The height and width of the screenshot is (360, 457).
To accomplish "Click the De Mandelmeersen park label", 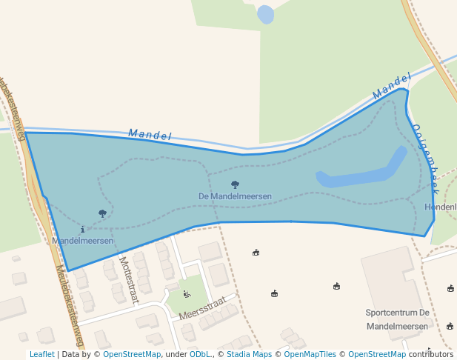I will tap(235, 196).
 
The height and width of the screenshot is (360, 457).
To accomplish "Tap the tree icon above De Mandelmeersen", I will tap(235, 184).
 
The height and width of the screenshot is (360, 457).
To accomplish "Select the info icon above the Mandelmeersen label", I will tap(82, 230).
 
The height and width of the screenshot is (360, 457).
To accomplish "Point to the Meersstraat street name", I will tap(201, 310).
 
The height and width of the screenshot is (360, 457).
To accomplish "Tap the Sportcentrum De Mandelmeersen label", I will tap(397, 319).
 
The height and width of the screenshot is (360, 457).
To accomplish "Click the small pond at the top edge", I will tap(265, 14).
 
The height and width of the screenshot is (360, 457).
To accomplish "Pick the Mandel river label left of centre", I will tap(150, 135).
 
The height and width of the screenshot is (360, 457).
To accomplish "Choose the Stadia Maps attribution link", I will tap(249, 354).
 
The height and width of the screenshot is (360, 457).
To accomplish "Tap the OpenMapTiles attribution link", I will tap(311, 354).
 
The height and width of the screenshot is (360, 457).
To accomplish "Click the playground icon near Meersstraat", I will tap(187, 295).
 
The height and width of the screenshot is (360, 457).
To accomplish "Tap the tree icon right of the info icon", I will tap(102, 213).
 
